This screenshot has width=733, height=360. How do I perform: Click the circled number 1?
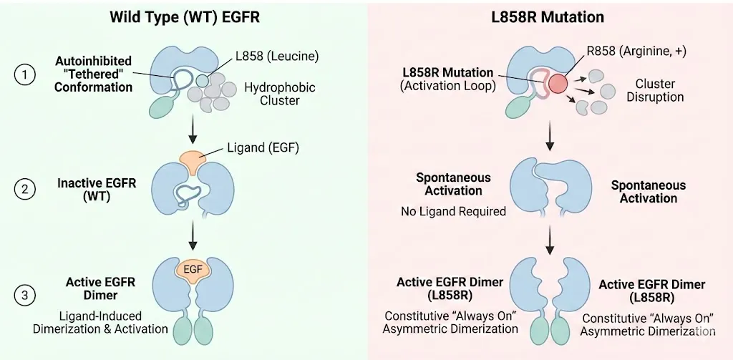[x=25, y=75]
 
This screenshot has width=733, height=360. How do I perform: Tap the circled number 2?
[x=25, y=190]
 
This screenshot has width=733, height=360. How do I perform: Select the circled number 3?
[x=25, y=295]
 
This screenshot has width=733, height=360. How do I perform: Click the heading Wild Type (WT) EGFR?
[x=185, y=17]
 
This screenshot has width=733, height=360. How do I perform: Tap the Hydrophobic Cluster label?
[x=280, y=94]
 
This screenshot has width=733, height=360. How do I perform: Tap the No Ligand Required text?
[x=453, y=211]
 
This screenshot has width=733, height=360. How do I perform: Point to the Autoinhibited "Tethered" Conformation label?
[x=94, y=74]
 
